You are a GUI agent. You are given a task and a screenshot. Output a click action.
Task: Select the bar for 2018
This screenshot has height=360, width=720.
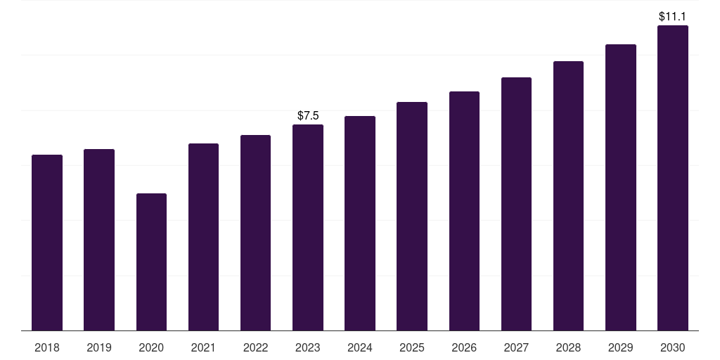pyautogui.click(x=47, y=243)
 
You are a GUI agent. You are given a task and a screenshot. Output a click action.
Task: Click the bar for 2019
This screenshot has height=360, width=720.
pyautogui.click(x=99, y=240)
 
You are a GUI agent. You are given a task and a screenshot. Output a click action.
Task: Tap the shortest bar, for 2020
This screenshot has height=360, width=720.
pyautogui.click(x=152, y=262)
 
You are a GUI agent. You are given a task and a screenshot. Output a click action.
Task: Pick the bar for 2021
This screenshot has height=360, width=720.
pyautogui.click(x=203, y=237)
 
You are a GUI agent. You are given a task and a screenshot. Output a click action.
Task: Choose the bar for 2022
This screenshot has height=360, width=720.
pyautogui.click(x=255, y=233)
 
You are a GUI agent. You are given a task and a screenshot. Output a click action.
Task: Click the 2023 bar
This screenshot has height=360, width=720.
pyautogui.click(x=308, y=227)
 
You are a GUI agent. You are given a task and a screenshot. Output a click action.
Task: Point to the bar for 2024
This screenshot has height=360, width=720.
pyautogui.click(x=360, y=223)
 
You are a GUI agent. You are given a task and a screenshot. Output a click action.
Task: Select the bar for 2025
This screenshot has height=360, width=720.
pyautogui.click(x=412, y=217)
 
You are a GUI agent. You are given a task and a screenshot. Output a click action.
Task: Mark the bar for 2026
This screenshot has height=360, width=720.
pyautogui.click(x=464, y=211)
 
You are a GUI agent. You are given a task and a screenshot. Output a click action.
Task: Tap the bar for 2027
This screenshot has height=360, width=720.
pyautogui.click(x=516, y=204)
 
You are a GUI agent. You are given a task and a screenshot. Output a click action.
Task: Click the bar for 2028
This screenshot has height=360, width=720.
pyautogui.click(x=568, y=195)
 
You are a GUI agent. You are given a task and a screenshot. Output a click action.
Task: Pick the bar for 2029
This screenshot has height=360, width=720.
pyautogui.click(x=621, y=187)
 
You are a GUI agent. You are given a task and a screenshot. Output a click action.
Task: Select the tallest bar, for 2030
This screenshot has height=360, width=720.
pyautogui.click(x=673, y=178)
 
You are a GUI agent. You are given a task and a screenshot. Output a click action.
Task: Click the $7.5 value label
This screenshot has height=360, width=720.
pyautogui.click(x=308, y=116)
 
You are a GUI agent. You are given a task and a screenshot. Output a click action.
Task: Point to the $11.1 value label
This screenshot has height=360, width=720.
pyautogui.click(x=672, y=17)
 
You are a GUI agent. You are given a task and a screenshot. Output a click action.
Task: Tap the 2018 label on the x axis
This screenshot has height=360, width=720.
pyautogui.click(x=47, y=347)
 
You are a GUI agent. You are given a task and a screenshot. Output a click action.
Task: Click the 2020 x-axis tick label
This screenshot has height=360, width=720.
pyautogui.click(x=151, y=347)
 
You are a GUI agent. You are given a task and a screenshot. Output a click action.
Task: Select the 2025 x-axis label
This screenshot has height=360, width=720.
pyautogui.click(x=412, y=347)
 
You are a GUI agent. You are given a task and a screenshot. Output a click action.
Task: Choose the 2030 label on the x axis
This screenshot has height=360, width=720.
pyautogui.click(x=673, y=347)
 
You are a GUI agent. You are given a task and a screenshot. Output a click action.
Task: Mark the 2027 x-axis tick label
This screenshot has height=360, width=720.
pyautogui.click(x=516, y=347)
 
